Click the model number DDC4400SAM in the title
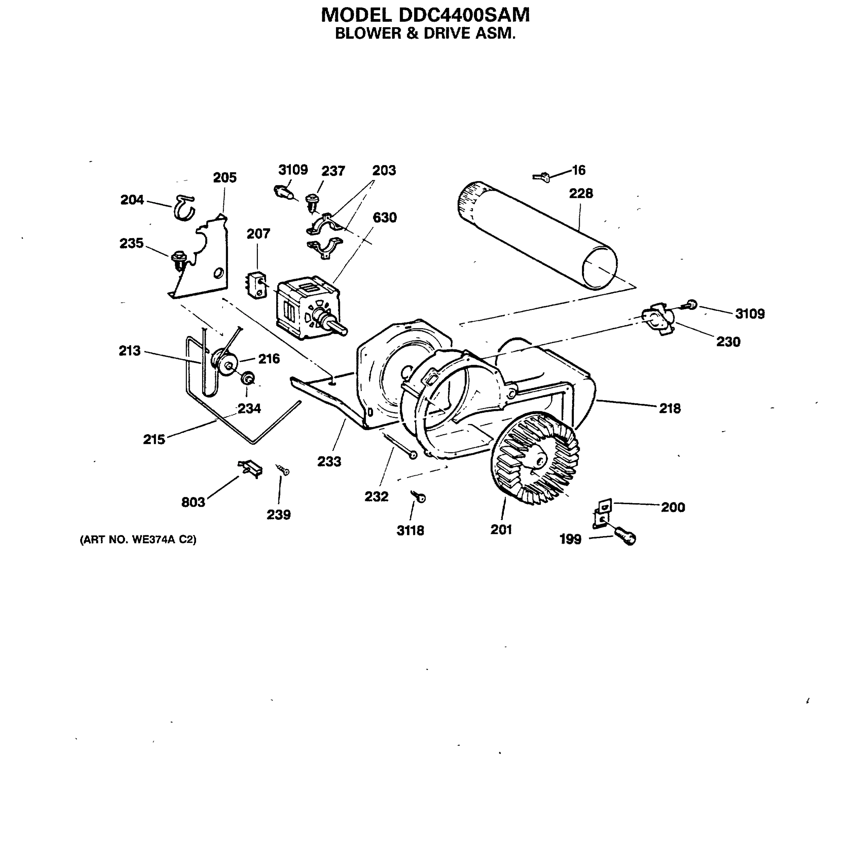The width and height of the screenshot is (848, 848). (x=464, y=15)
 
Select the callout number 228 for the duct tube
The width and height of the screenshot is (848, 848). (x=581, y=193)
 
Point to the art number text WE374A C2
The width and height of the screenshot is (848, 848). (x=138, y=540)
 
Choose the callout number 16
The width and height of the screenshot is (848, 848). (x=579, y=170)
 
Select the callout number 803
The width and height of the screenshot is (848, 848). (x=193, y=502)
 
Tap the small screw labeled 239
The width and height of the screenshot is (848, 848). (x=282, y=470)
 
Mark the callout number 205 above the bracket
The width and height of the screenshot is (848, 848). (x=225, y=177)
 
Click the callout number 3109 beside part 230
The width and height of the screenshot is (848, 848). (x=750, y=313)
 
